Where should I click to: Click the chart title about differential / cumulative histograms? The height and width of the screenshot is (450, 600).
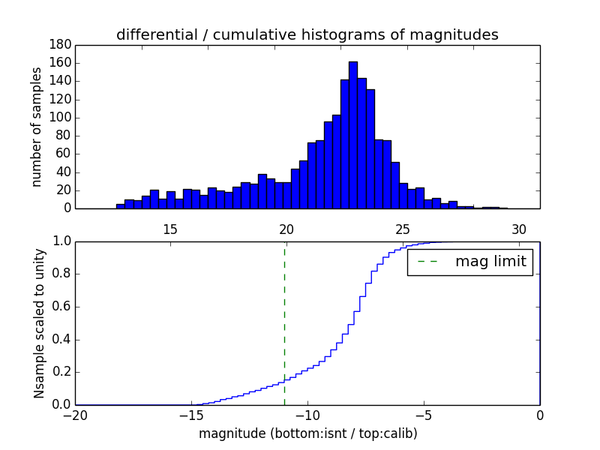coord(307,34)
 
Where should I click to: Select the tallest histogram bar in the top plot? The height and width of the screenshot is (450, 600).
coord(353,135)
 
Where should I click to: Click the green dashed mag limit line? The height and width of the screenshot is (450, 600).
coord(284,322)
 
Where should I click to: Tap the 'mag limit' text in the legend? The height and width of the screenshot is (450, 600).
coord(490,262)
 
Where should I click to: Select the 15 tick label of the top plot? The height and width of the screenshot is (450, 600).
coord(169,229)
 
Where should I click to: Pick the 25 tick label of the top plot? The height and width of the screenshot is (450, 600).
coord(403,229)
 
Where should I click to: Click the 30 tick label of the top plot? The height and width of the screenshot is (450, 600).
coord(519,229)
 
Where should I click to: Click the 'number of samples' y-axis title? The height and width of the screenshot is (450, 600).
coord(36,127)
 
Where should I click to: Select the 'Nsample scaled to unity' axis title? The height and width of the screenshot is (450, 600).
coord(39,322)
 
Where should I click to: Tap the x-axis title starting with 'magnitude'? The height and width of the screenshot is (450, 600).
coord(307,433)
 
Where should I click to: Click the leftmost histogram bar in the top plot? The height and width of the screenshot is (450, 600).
coord(120,206)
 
